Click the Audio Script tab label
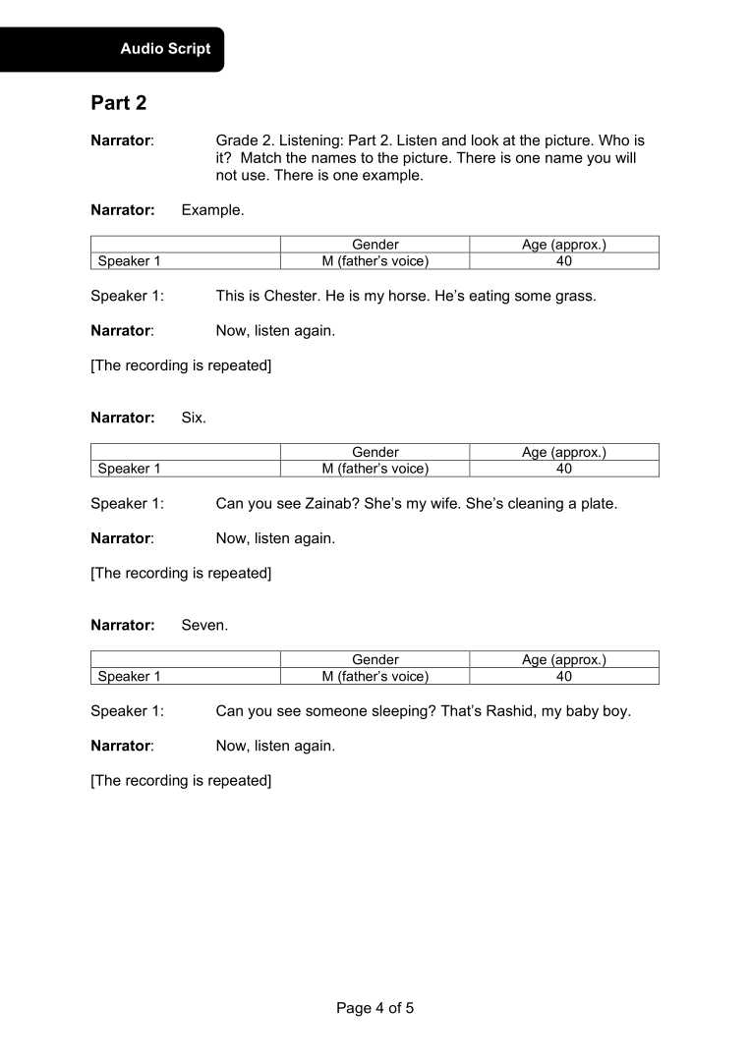[165, 48]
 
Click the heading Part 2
[119, 102]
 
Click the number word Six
[194, 418]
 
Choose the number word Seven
[204, 625]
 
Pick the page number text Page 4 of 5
[375, 1008]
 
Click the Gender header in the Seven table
[375, 660]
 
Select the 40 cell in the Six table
[564, 470]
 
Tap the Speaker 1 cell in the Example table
[129, 261]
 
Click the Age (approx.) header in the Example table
[564, 245]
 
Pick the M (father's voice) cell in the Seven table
[375, 677]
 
